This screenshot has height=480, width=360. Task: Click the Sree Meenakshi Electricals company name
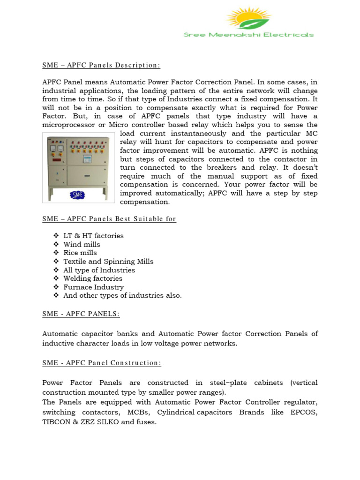tap(248, 35)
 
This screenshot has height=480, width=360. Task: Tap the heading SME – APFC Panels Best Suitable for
tap(109, 219)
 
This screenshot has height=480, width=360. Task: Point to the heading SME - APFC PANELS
tap(81, 314)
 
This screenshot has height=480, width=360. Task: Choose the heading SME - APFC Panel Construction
tap(102, 363)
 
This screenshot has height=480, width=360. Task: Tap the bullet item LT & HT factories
tap(93, 236)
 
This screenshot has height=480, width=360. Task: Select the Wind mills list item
tap(82, 244)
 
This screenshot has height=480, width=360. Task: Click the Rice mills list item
tap(80, 253)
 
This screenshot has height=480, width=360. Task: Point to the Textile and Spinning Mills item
tap(108, 262)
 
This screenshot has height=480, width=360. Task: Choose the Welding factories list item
tap(93, 278)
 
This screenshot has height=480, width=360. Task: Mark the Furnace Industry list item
tap(93, 287)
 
